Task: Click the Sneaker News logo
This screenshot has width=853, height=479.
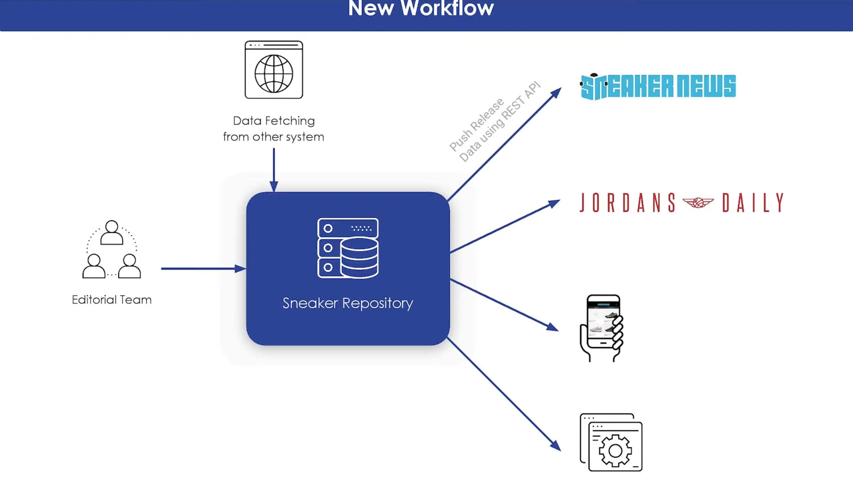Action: click(658, 87)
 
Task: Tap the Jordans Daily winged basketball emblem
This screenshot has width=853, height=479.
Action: click(698, 202)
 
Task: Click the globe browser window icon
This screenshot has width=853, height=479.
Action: click(274, 70)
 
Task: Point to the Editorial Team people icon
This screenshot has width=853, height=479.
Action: click(112, 250)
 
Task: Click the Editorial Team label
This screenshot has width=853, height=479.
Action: click(112, 300)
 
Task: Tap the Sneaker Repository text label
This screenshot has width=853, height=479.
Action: click(348, 303)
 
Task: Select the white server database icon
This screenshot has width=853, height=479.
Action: click(348, 248)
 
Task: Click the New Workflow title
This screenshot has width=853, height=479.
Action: click(420, 9)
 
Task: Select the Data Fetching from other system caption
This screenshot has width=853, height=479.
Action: click(274, 129)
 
